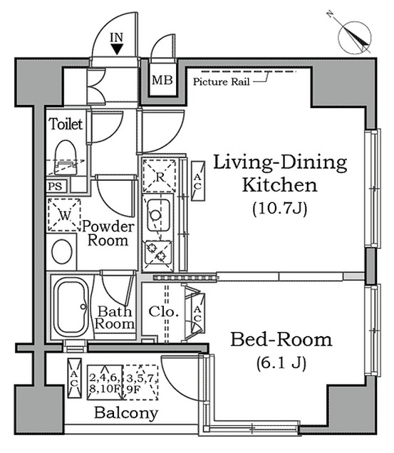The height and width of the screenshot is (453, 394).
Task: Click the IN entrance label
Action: [117, 37]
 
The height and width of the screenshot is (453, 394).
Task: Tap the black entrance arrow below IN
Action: [117, 49]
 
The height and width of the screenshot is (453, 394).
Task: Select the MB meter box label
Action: [162, 80]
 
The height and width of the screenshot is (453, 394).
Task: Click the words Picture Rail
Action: [221, 82]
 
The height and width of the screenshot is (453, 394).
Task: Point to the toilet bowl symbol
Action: [66, 157]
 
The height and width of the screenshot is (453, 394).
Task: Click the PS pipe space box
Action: [56, 187]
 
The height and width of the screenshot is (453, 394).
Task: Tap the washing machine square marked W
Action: [64, 214]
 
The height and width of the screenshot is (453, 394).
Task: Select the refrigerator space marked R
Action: [160, 176]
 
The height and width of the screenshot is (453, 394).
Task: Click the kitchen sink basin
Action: [158, 215]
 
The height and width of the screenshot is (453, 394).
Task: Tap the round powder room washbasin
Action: [62, 251]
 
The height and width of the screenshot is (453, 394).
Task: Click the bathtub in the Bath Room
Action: [71, 307]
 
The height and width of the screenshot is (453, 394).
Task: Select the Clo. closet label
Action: [163, 312]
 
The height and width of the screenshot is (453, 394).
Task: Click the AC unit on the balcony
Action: [75, 378]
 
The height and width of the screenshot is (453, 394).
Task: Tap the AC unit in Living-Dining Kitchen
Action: [198, 181]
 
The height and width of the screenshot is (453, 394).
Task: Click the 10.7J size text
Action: [279, 208]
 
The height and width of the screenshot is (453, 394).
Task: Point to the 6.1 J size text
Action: [281, 363]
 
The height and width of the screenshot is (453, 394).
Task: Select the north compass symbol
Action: [354, 37]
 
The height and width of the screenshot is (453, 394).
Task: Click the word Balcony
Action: [126, 413]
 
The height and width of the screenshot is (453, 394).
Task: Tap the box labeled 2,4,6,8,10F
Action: [105, 382]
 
